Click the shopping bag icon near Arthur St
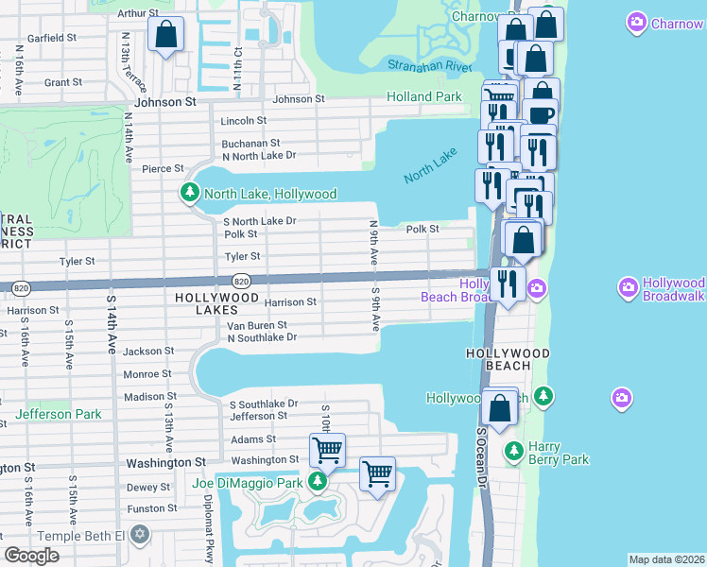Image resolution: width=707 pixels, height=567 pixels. [165, 35]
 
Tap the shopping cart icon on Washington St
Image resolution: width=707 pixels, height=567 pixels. [327, 451]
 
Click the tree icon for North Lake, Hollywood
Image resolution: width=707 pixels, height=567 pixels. [189, 194]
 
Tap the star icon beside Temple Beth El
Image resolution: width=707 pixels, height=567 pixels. [141, 536]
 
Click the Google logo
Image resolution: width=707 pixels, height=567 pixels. [31, 556]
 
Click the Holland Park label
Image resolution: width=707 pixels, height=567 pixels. [424, 96]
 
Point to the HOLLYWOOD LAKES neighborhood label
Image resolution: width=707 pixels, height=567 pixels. [216, 298]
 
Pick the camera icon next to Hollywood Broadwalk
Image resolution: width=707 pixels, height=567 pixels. [629, 285]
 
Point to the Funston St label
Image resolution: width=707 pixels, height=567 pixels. [147, 508]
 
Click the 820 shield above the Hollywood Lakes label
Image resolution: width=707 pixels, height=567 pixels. [241, 281]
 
